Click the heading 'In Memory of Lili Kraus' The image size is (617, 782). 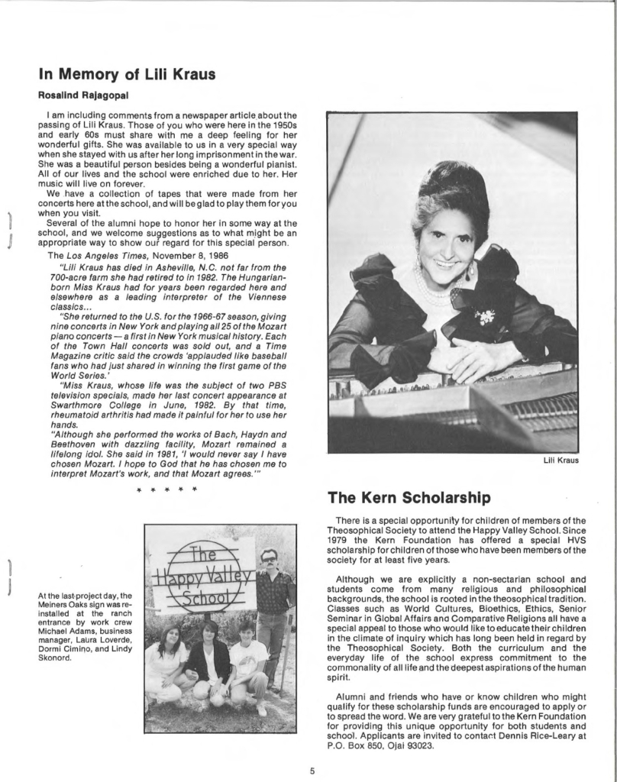(127, 74)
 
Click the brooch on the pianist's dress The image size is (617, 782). (485, 315)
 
